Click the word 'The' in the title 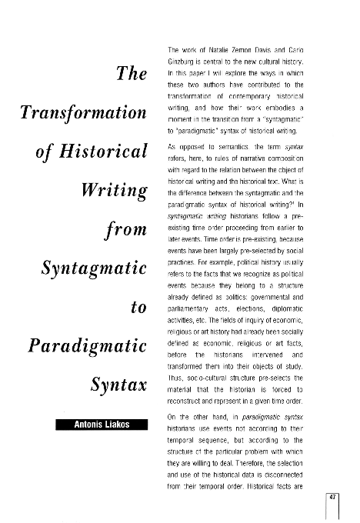(x=132, y=75)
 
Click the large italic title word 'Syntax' (x=118, y=383)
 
